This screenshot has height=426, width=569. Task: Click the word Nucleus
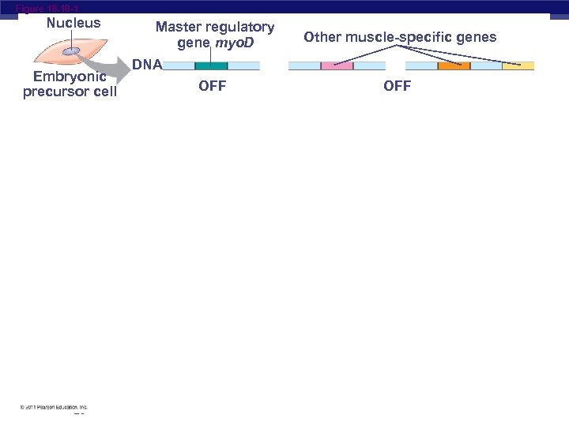(73, 23)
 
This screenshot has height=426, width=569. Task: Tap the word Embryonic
(70, 77)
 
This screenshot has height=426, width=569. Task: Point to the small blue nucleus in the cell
(71, 51)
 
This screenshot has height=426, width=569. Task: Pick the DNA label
(147, 64)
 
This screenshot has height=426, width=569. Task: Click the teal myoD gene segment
(211, 66)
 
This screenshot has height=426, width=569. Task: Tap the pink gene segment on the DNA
(337, 66)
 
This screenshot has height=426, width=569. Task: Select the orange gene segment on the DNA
(454, 66)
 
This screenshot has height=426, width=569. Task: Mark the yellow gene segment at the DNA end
(518, 66)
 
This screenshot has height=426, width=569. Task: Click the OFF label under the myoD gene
(212, 86)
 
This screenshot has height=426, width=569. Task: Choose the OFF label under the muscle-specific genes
(397, 86)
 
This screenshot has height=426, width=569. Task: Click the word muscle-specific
(405, 37)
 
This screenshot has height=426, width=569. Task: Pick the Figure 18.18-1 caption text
(47, 8)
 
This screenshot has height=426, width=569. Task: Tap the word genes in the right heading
(477, 37)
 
